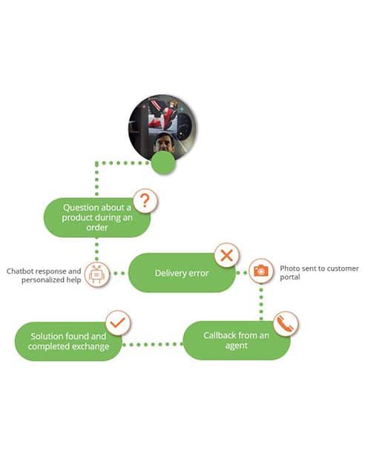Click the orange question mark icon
[x=145, y=201]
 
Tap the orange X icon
[x=227, y=256]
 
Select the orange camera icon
[x=261, y=271]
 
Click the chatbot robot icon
[x=97, y=274]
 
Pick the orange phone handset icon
[x=285, y=323]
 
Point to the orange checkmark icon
[x=118, y=323]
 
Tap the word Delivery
[x=169, y=273]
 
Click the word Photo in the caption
[x=289, y=268]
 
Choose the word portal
[x=290, y=277]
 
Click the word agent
[x=237, y=346]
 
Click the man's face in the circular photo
[x=164, y=142]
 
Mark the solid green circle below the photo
[x=163, y=162]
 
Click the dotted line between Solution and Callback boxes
[x=153, y=344]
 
